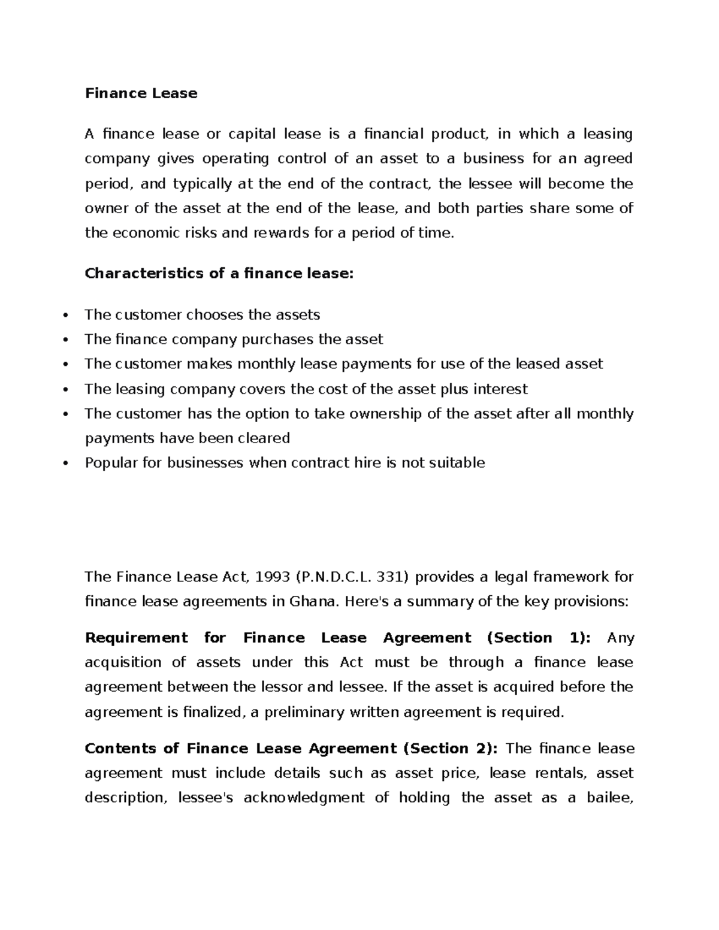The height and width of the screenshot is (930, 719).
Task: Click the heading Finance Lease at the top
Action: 141,93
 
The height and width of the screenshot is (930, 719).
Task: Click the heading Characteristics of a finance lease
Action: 219,274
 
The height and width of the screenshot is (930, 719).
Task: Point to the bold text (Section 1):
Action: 539,638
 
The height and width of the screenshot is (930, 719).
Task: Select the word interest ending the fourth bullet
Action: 500,389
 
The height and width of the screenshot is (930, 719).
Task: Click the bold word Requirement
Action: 136,638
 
